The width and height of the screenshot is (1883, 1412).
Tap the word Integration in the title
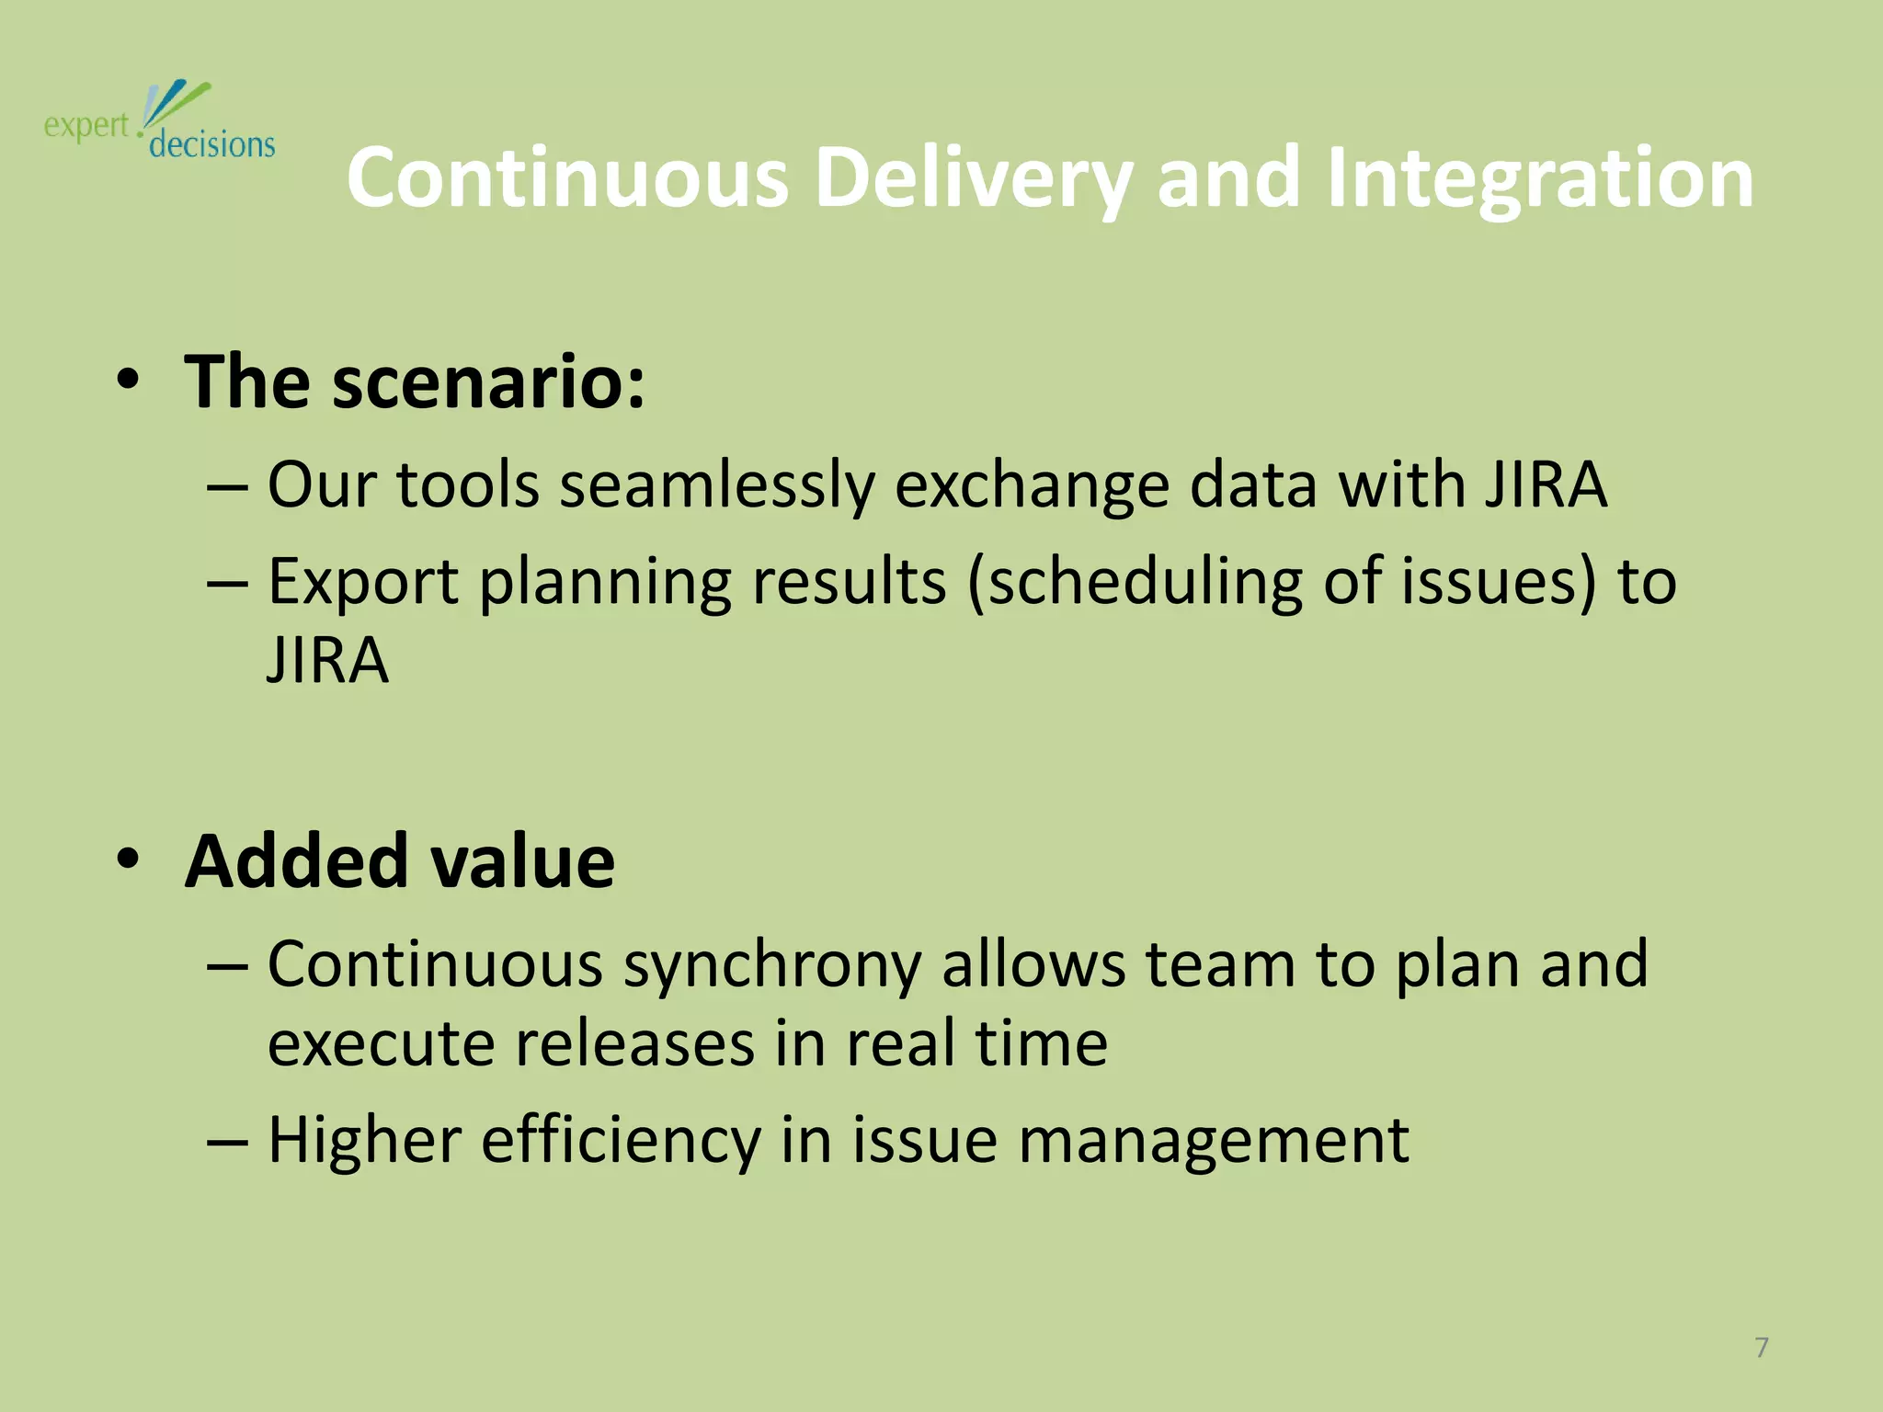click(1540, 179)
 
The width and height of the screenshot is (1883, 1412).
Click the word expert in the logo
click(86, 126)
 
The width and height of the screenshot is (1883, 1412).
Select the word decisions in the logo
click(211, 145)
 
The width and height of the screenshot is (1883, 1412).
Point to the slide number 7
click(1762, 1348)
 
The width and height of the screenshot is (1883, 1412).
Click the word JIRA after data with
click(1545, 484)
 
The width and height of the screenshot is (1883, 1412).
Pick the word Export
click(362, 584)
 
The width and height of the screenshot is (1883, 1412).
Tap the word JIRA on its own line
click(327, 660)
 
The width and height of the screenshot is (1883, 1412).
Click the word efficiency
click(622, 1140)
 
